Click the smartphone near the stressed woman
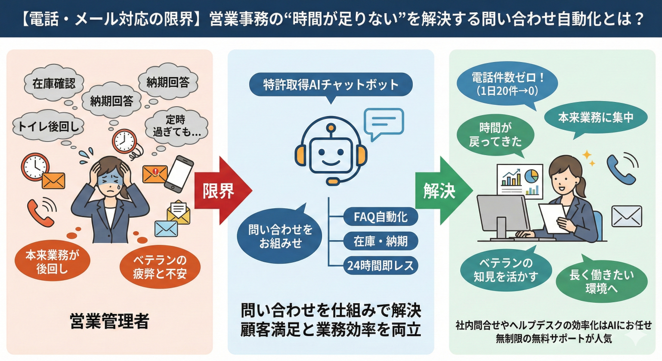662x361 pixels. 180,173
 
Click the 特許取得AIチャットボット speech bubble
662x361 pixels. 331,85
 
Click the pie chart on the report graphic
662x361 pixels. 531,176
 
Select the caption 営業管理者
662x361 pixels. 109,322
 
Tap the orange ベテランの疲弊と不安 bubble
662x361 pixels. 159,266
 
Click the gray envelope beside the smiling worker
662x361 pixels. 626,217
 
